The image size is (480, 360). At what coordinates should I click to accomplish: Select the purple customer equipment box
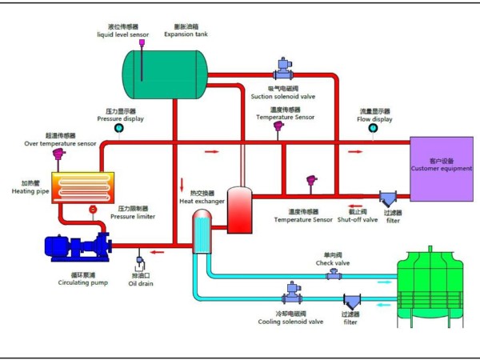(441, 169)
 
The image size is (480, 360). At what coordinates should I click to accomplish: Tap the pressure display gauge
(120, 126)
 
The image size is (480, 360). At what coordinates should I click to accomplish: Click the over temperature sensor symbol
(58, 154)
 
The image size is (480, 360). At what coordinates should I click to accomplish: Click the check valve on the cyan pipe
(331, 274)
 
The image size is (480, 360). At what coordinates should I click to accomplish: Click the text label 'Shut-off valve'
(357, 219)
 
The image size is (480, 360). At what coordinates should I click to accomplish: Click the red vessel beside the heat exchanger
(240, 210)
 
